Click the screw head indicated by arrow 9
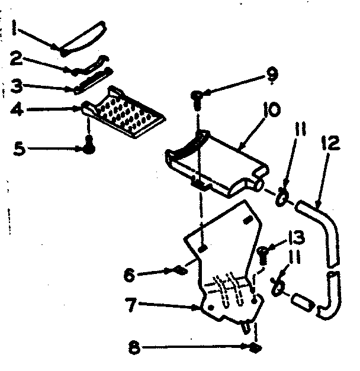click(x=197, y=95)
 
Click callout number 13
click(x=296, y=238)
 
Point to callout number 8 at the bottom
click(x=134, y=348)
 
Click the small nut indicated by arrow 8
click(x=255, y=348)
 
